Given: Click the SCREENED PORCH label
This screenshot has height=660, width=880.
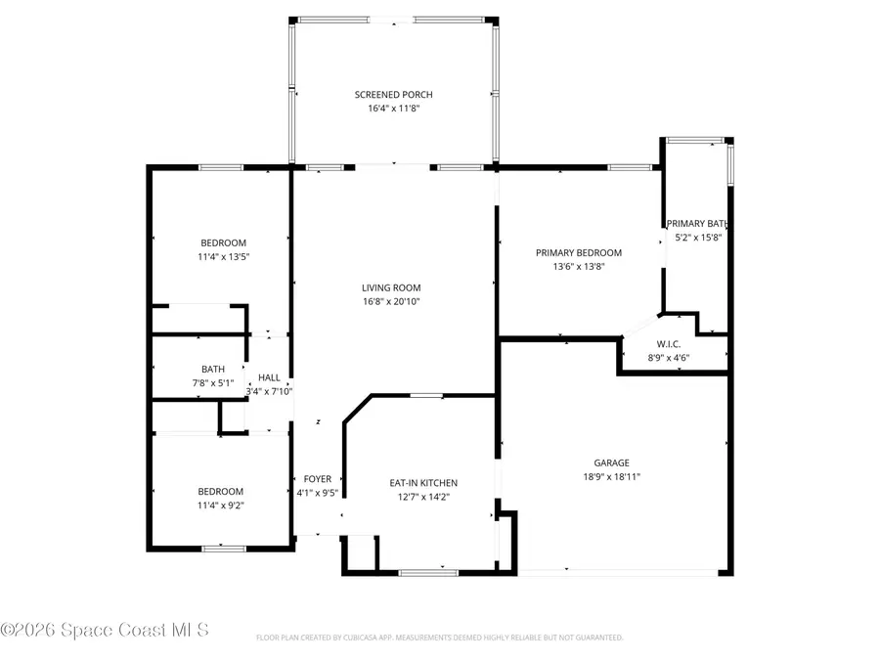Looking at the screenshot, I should tap(393, 95).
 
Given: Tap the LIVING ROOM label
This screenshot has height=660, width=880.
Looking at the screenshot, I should tap(391, 287).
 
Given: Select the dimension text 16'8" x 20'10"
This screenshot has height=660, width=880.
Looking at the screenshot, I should tap(391, 301).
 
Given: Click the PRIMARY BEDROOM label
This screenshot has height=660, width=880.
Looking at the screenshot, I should tap(578, 252).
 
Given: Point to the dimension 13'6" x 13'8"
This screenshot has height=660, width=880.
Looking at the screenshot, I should tap(578, 266).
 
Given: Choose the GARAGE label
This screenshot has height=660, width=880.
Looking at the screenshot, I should tap(611, 463).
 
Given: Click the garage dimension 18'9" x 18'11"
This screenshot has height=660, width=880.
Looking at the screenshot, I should tap(611, 477).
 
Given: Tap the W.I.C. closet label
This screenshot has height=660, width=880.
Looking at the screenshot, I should tap(669, 344).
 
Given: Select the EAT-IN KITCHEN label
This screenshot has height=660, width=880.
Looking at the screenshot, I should tap(423, 483).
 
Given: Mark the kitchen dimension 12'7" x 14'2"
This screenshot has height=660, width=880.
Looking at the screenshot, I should tap(423, 497).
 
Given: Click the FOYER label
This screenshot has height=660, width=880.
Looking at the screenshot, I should tap(317, 479).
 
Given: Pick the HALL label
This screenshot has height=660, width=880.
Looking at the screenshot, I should tap(269, 377).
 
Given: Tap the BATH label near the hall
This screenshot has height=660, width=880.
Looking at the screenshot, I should tap(213, 369).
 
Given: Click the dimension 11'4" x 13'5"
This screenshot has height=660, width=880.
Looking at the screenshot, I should tap(223, 257).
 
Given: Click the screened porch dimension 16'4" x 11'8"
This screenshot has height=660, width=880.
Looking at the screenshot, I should tap(393, 110).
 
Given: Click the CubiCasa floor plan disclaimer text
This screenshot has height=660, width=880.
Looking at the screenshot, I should tap(439, 638).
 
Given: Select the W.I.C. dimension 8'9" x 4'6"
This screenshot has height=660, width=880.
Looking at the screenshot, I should tap(669, 358).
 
